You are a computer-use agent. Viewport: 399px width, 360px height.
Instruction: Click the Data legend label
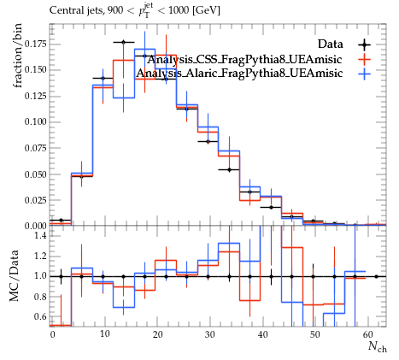[x=330, y=44]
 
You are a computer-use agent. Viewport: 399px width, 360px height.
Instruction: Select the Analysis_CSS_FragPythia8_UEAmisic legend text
[x=244, y=59]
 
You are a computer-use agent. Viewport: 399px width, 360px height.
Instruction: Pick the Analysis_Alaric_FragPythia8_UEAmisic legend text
[x=239, y=73]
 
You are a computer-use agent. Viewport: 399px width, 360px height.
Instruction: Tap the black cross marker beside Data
[x=364, y=44]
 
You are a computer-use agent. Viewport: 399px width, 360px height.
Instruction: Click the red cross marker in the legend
[x=364, y=59]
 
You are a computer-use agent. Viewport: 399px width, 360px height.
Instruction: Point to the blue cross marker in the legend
[x=364, y=74]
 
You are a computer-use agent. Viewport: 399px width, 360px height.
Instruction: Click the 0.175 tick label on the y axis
[x=35, y=44]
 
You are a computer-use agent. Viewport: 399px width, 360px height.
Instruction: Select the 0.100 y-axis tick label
[x=35, y=122]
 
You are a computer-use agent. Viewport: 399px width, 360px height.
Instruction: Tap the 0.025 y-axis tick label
[x=35, y=200]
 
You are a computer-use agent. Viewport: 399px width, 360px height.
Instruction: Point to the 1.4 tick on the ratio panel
[x=41, y=235]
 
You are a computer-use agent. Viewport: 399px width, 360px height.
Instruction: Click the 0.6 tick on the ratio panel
[x=41, y=316]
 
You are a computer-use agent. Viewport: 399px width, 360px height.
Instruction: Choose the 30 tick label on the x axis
[x=210, y=334]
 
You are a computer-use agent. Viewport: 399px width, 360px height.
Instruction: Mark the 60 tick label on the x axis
[x=368, y=334]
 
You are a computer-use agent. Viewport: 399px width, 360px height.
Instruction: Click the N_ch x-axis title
[x=378, y=346]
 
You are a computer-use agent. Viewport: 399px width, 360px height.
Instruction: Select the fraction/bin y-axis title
[x=17, y=56]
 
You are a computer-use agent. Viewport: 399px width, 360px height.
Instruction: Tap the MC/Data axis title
[x=14, y=275]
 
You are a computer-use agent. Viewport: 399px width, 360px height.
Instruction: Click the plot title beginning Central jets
[x=134, y=9]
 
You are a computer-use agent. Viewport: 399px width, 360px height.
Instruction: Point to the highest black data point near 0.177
[x=123, y=42]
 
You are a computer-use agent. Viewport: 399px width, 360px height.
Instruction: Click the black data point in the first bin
[x=61, y=220]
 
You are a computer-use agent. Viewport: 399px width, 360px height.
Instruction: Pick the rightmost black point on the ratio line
[x=376, y=276]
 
